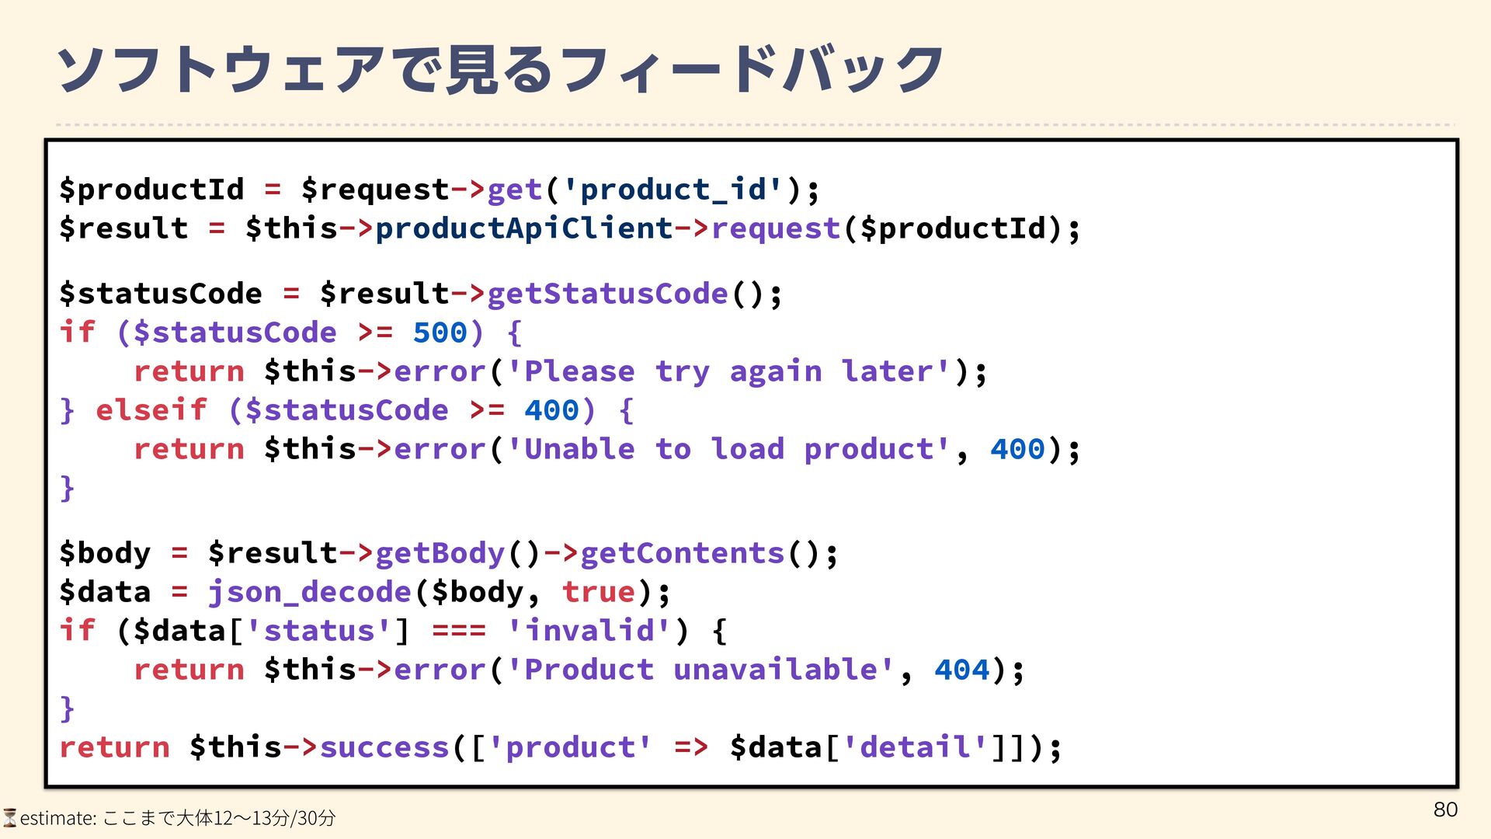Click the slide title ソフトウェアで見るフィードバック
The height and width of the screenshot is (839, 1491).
coord(500,70)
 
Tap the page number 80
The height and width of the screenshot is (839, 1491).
coord(1445,809)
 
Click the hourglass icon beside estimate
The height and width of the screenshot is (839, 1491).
coord(9,817)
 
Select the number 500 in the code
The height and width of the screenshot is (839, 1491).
coord(440,332)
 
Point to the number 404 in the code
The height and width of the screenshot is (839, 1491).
coord(961,670)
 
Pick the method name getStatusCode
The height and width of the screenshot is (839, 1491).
coord(607,294)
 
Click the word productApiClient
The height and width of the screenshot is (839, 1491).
coord(523,228)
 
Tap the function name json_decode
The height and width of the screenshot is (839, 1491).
coord(309,592)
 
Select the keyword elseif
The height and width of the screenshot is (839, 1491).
coord(151,410)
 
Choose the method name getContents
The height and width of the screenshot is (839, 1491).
coord(682,553)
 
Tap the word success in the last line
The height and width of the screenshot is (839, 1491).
coord(384,747)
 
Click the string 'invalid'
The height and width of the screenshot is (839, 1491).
coord(589,631)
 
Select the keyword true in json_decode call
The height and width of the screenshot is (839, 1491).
coord(599,592)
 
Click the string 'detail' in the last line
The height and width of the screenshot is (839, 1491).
coord(915,747)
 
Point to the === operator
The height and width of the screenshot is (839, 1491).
coord(458,631)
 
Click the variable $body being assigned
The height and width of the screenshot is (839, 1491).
coord(105,553)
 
